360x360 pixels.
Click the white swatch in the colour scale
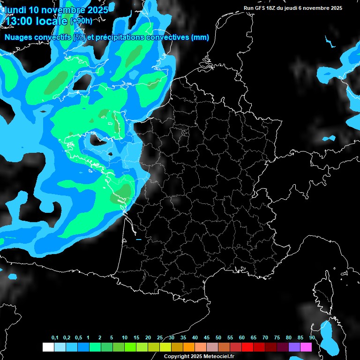point(48,347)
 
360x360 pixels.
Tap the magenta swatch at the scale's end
point(306,347)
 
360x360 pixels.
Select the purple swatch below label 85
point(294,347)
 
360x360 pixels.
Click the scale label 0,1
point(55,338)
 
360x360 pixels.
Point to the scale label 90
point(312,338)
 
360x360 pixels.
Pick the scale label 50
point(218,338)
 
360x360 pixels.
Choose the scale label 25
point(160,338)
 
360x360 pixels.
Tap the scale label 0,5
point(78,338)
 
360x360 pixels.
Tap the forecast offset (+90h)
point(81,21)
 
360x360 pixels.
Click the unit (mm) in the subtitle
point(201,37)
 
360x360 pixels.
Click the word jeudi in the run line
point(299,8)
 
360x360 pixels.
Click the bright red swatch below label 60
point(247,347)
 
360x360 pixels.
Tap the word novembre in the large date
point(64,9)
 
